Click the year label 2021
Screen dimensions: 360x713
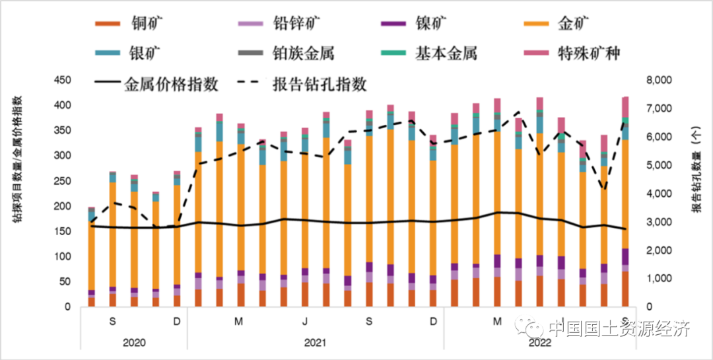tap(315, 343)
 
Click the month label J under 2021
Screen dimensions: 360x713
tap(304, 322)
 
